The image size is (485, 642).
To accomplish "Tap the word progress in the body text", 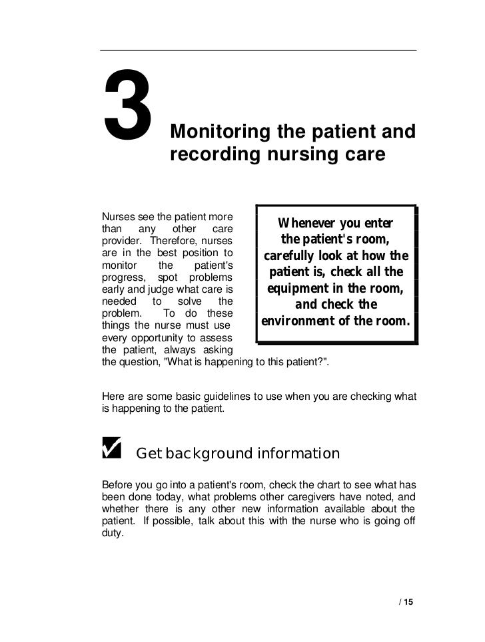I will tap(122, 277).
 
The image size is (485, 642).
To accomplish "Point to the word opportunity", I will tap(162, 337).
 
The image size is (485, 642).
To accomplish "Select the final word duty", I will tap(112, 532).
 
